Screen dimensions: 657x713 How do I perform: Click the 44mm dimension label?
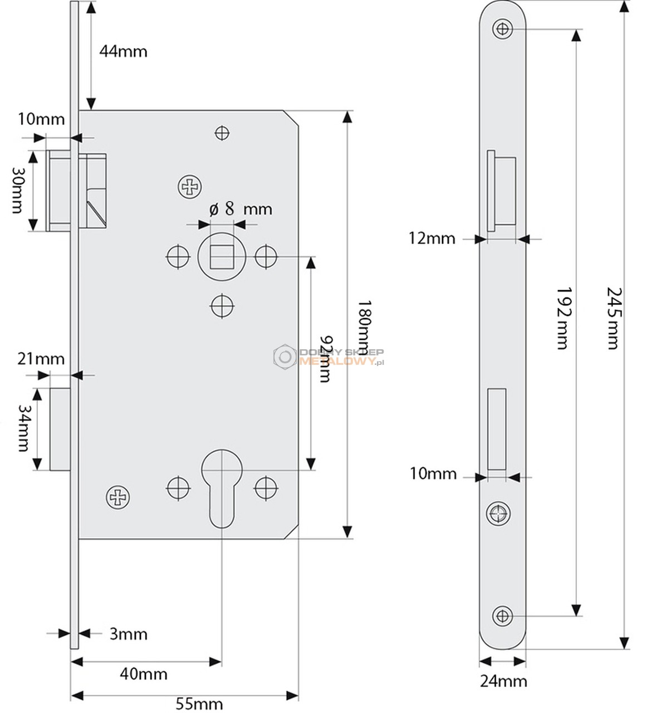(x=123, y=52)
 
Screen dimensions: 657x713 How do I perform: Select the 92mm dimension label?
(x=326, y=359)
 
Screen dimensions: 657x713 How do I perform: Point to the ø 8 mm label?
(x=241, y=208)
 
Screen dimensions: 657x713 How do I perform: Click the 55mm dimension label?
(x=199, y=704)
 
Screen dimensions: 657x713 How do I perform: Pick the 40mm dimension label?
(x=144, y=674)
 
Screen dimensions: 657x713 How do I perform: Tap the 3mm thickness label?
(x=129, y=634)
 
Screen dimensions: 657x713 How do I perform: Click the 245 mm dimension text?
(x=613, y=318)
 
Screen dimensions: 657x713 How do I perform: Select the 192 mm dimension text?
(x=563, y=318)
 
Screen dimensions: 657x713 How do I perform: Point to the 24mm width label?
(x=503, y=681)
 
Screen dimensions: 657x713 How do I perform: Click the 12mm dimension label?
(x=432, y=238)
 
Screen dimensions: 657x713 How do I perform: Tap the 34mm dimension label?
(x=24, y=428)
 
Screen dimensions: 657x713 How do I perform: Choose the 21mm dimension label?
(x=41, y=359)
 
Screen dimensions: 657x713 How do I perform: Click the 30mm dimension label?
(x=18, y=191)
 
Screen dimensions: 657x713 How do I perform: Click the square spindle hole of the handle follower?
(x=222, y=257)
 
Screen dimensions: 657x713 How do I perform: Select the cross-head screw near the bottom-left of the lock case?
(x=117, y=497)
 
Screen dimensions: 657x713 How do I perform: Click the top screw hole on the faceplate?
(x=502, y=29)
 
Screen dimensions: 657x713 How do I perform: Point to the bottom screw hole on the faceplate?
(x=502, y=616)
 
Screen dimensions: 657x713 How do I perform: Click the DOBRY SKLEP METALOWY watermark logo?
(x=329, y=356)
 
